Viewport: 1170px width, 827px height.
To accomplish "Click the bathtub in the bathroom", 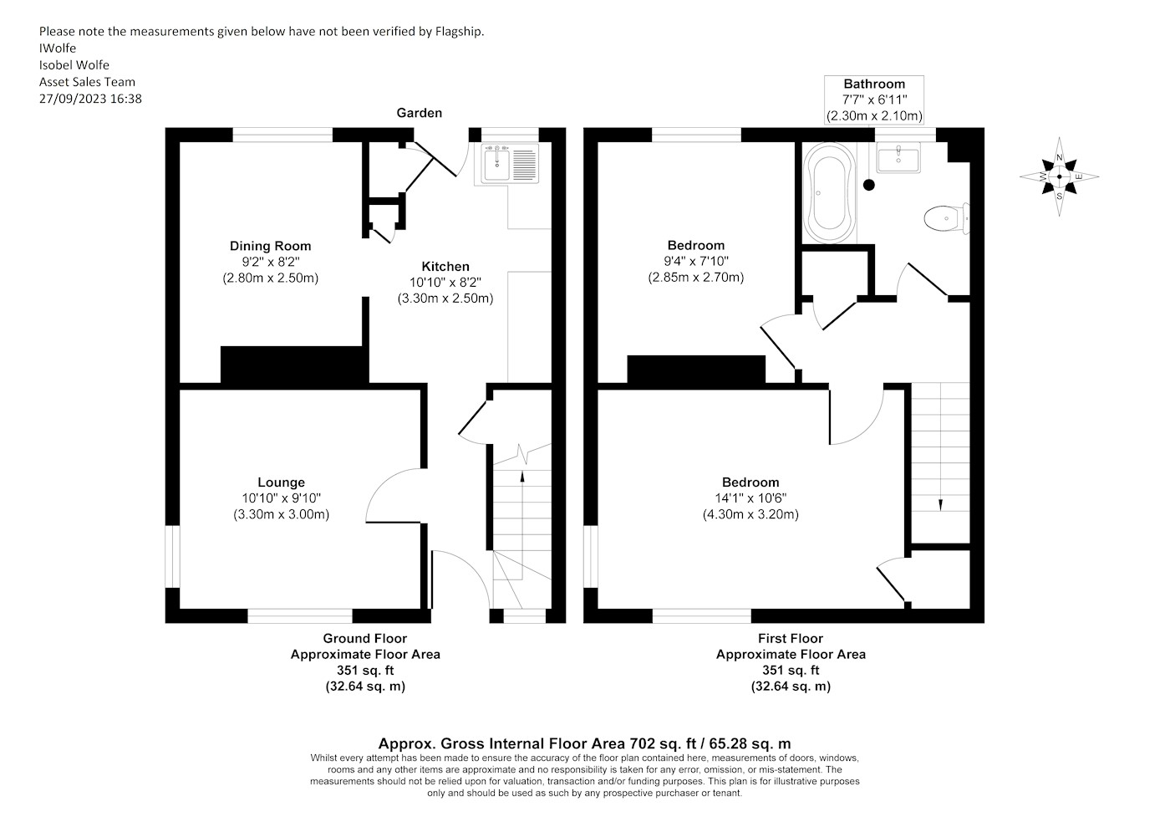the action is point(829,193).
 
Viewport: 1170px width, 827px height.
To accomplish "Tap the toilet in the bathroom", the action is point(946,218).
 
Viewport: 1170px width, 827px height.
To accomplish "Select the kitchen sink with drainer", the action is point(509,164).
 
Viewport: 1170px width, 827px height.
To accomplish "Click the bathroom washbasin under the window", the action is point(898,158).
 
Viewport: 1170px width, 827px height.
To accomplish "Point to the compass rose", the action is point(1060,176).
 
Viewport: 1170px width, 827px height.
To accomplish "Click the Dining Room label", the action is point(271,246).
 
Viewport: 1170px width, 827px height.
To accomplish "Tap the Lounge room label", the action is point(281,482).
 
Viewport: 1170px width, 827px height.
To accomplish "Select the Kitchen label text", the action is point(445,266).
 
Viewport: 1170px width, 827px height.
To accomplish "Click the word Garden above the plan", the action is point(420,113).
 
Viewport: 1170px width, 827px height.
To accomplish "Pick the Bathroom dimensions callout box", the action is point(874,100).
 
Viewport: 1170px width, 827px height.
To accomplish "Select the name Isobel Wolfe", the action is point(74,65).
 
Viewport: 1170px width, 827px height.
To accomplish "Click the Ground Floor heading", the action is point(364,638).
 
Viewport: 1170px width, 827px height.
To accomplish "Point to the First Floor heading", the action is point(791,638).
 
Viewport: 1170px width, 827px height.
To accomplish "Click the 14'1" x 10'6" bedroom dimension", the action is point(750,498).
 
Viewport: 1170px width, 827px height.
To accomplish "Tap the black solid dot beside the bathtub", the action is point(869,185).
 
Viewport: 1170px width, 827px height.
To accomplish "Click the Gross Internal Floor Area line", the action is point(584,743).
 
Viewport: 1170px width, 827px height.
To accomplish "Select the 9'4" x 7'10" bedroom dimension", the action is point(695,261).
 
